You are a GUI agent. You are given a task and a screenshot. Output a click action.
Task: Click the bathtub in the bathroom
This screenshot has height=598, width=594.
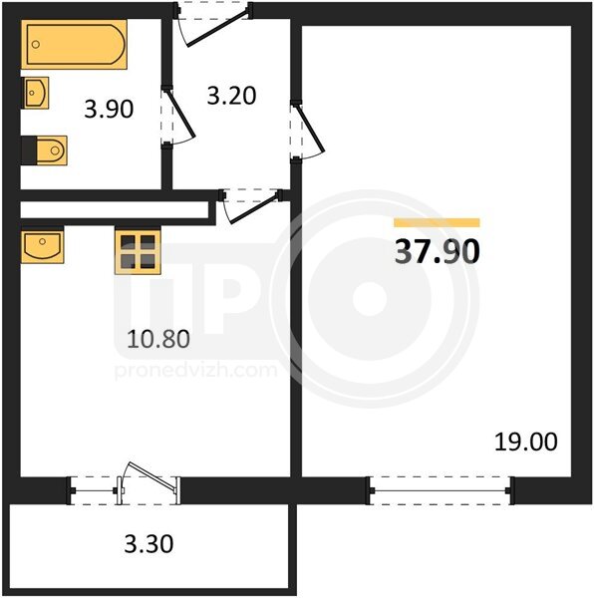(74, 44)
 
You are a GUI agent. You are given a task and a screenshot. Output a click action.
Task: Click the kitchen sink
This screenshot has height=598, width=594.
(42, 247)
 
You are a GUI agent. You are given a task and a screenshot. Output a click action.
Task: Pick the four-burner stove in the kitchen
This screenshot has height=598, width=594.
(138, 251)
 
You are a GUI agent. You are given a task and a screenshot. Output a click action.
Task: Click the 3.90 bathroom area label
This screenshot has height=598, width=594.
(109, 109)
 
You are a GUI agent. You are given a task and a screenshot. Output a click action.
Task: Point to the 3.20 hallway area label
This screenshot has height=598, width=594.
(231, 96)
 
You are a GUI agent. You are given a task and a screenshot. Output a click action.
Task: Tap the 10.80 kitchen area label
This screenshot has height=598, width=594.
(158, 339)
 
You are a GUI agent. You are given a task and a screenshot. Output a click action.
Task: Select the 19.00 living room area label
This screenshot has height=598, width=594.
(526, 442)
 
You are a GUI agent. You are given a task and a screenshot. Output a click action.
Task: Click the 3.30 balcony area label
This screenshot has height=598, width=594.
(148, 544)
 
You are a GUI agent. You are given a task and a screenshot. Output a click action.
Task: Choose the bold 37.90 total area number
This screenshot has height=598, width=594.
(437, 252)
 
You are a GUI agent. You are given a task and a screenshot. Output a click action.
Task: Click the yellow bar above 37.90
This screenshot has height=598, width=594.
(437, 222)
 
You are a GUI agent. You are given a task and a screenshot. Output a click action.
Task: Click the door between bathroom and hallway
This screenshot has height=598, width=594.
(178, 117)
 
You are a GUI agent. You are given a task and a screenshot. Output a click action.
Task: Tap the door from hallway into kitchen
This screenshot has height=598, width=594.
(250, 208)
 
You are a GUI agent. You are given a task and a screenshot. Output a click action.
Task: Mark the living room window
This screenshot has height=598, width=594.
(441, 490)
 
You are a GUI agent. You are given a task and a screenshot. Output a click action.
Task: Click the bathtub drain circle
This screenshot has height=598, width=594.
(36, 44)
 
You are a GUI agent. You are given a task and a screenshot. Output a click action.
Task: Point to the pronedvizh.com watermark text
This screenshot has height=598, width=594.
(196, 371)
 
